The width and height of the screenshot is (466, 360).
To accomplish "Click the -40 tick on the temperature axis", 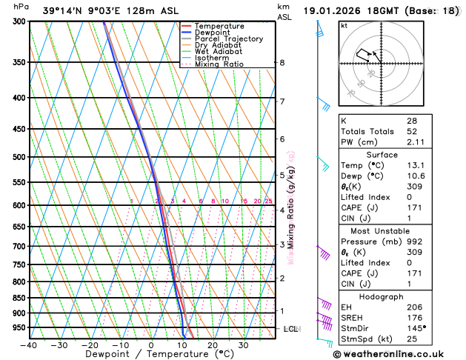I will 29,345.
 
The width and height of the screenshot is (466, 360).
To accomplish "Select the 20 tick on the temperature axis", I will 213,345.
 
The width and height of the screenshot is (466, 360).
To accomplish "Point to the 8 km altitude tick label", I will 282,63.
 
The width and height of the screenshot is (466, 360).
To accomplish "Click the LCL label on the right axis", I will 290,328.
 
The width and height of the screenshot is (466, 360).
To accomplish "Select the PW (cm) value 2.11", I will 415,143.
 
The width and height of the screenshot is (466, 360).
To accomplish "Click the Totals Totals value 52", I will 411,132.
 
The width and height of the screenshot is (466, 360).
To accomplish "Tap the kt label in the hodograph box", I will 344,26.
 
